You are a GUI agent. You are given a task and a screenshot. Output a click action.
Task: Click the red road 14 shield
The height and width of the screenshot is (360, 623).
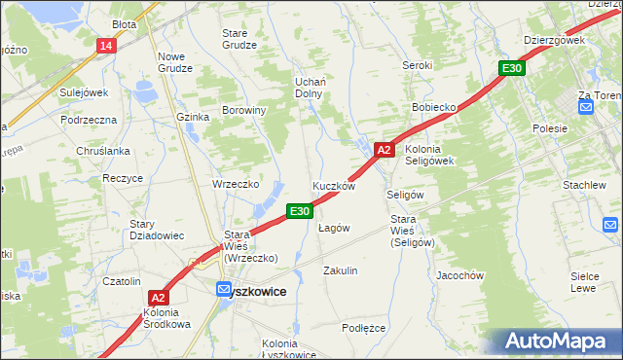click(x=106, y=46)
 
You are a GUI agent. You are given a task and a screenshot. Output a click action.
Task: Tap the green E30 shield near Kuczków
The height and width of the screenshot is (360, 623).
click(x=300, y=210)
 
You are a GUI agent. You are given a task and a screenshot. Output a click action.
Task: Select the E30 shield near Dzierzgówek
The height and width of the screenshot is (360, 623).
click(x=513, y=68)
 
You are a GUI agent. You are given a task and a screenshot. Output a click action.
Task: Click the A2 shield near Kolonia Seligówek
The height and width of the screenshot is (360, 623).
click(x=385, y=150)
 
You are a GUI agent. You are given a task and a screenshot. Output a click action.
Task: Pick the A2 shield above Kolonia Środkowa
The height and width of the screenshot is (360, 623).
click(x=160, y=299)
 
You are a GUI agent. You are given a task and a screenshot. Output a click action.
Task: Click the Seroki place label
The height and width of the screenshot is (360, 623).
click(x=418, y=65)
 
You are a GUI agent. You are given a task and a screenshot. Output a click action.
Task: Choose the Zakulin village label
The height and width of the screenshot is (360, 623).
click(x=341, y=270)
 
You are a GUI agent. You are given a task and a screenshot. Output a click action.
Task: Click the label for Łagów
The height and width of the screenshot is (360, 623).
click(x=334, y=228)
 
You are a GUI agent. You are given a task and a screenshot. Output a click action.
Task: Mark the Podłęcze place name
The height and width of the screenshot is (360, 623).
click(x=364, y=328)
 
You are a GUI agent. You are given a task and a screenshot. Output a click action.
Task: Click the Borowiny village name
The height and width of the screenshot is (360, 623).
click(x=244, y=111)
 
